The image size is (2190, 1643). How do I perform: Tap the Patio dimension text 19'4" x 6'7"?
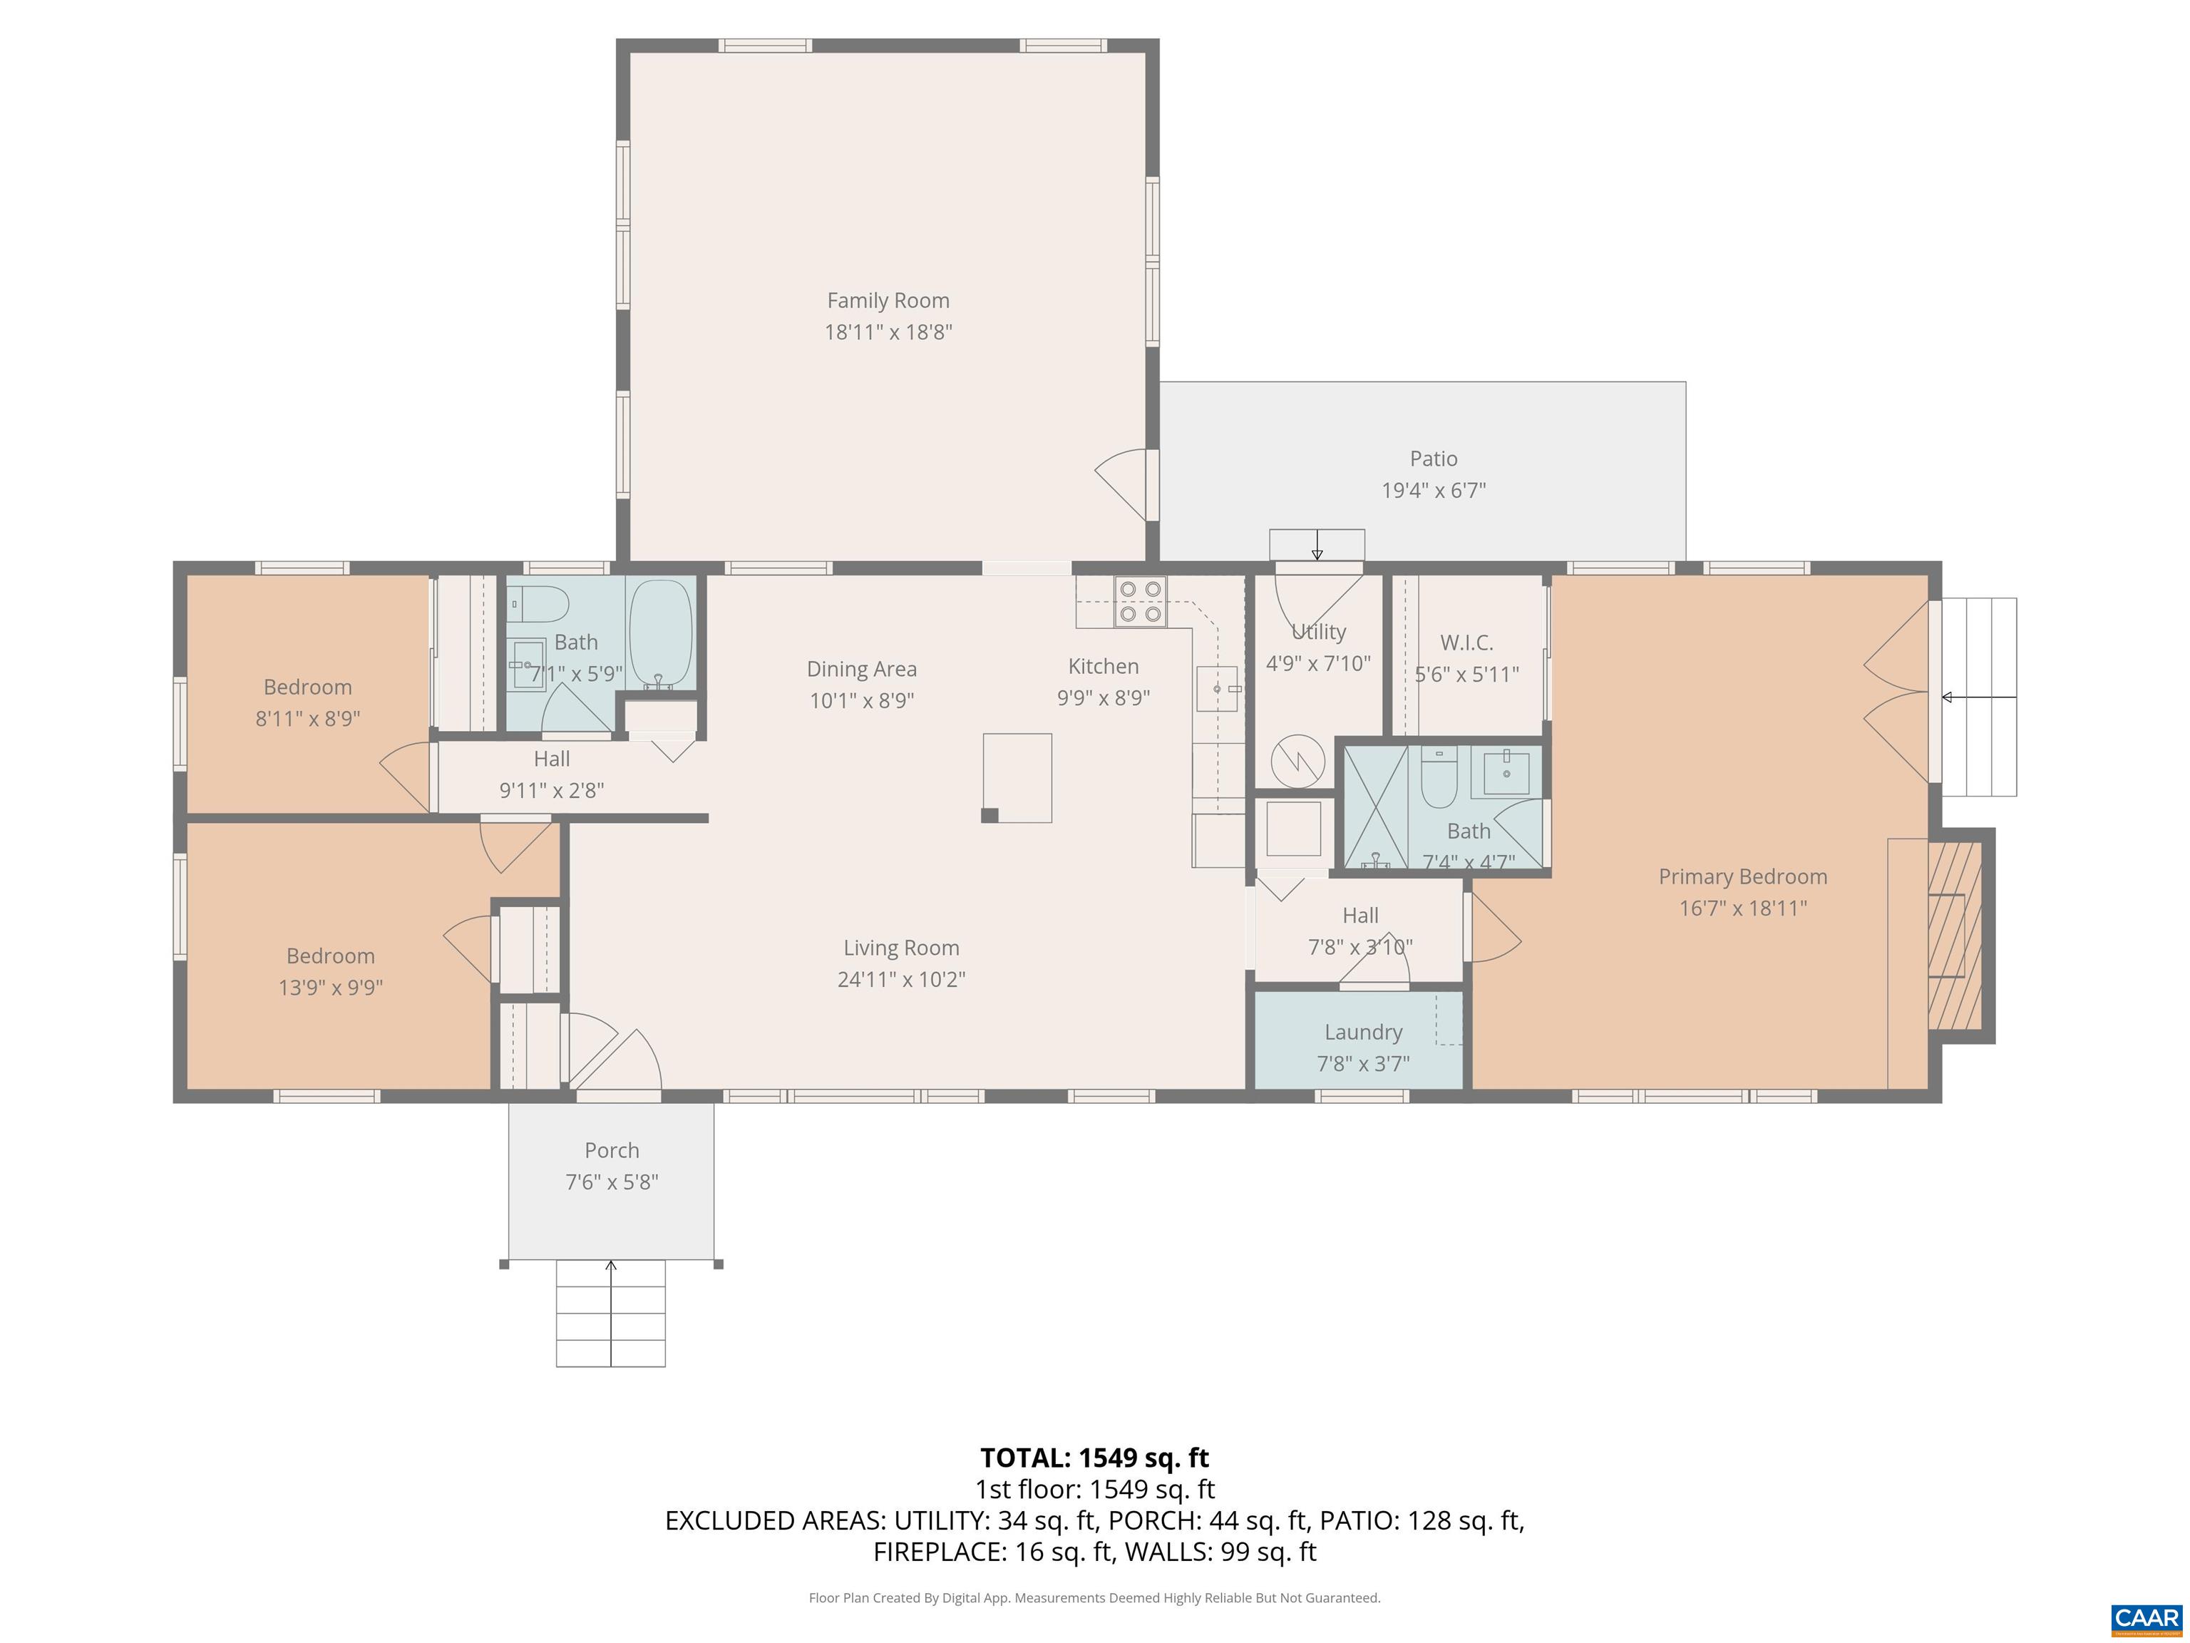coord(1433,490)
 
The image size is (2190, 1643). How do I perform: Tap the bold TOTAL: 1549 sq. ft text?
coord(1094,1458)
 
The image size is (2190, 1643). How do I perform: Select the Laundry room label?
coord(1362,1032)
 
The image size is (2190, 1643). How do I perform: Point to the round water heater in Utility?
coord(1296,761)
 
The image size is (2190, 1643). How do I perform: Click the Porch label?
coord(611,1150)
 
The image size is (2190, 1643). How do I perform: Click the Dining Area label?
coord(860,670)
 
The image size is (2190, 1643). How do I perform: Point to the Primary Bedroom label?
coord(1742,876)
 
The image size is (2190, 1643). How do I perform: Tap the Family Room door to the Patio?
coord(1126,483)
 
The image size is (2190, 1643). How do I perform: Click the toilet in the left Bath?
coord(539,603)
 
